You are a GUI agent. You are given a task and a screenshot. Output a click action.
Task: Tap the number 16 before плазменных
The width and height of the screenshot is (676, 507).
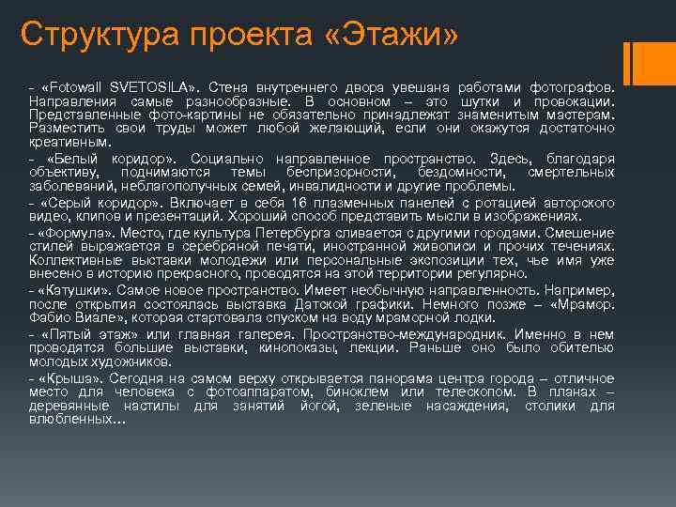(x=300, y=202)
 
